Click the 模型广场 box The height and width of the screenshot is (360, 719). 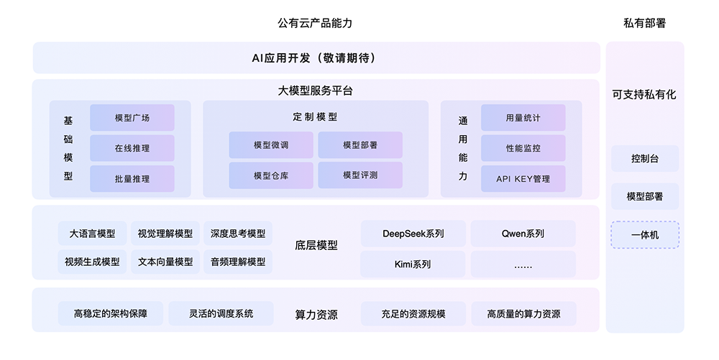(132, 118)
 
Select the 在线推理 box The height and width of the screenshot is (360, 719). (132, 148)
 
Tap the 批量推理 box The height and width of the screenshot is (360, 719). (132, 178)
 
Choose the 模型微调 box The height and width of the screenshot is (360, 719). (271, 144)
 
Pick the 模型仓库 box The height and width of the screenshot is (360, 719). (271, 175)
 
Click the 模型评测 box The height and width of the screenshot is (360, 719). (360, 175)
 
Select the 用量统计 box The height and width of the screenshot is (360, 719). (523, 118)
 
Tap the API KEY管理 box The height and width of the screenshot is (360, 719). (523, 178)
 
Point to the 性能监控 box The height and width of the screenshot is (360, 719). (523, 148)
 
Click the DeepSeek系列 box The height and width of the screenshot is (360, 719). (413, 234)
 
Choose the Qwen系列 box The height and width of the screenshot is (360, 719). (523, 234)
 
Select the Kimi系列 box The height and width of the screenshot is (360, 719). (413, 264)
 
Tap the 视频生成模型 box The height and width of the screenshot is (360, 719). (92, 262)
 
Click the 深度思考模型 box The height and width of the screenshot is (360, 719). (238, 234)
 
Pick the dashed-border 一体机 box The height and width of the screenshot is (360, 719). (645, 234)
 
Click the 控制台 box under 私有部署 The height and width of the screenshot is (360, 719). (645, 158)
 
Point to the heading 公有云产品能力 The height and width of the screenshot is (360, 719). (315, 23)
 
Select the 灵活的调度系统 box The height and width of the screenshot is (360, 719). (221, 313)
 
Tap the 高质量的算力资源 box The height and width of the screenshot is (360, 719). (523, 313)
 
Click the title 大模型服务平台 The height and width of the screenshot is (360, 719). (315, 91)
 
